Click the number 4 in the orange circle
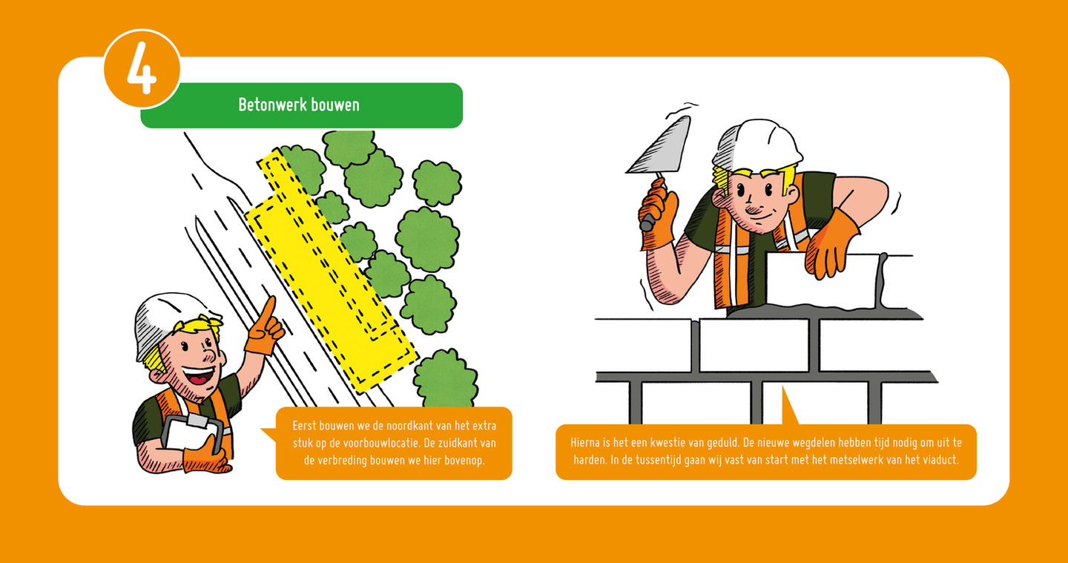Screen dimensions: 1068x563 point(142,69)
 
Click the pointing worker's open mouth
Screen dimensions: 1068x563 point(200,376)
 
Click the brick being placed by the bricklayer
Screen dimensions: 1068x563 point(822,281)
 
